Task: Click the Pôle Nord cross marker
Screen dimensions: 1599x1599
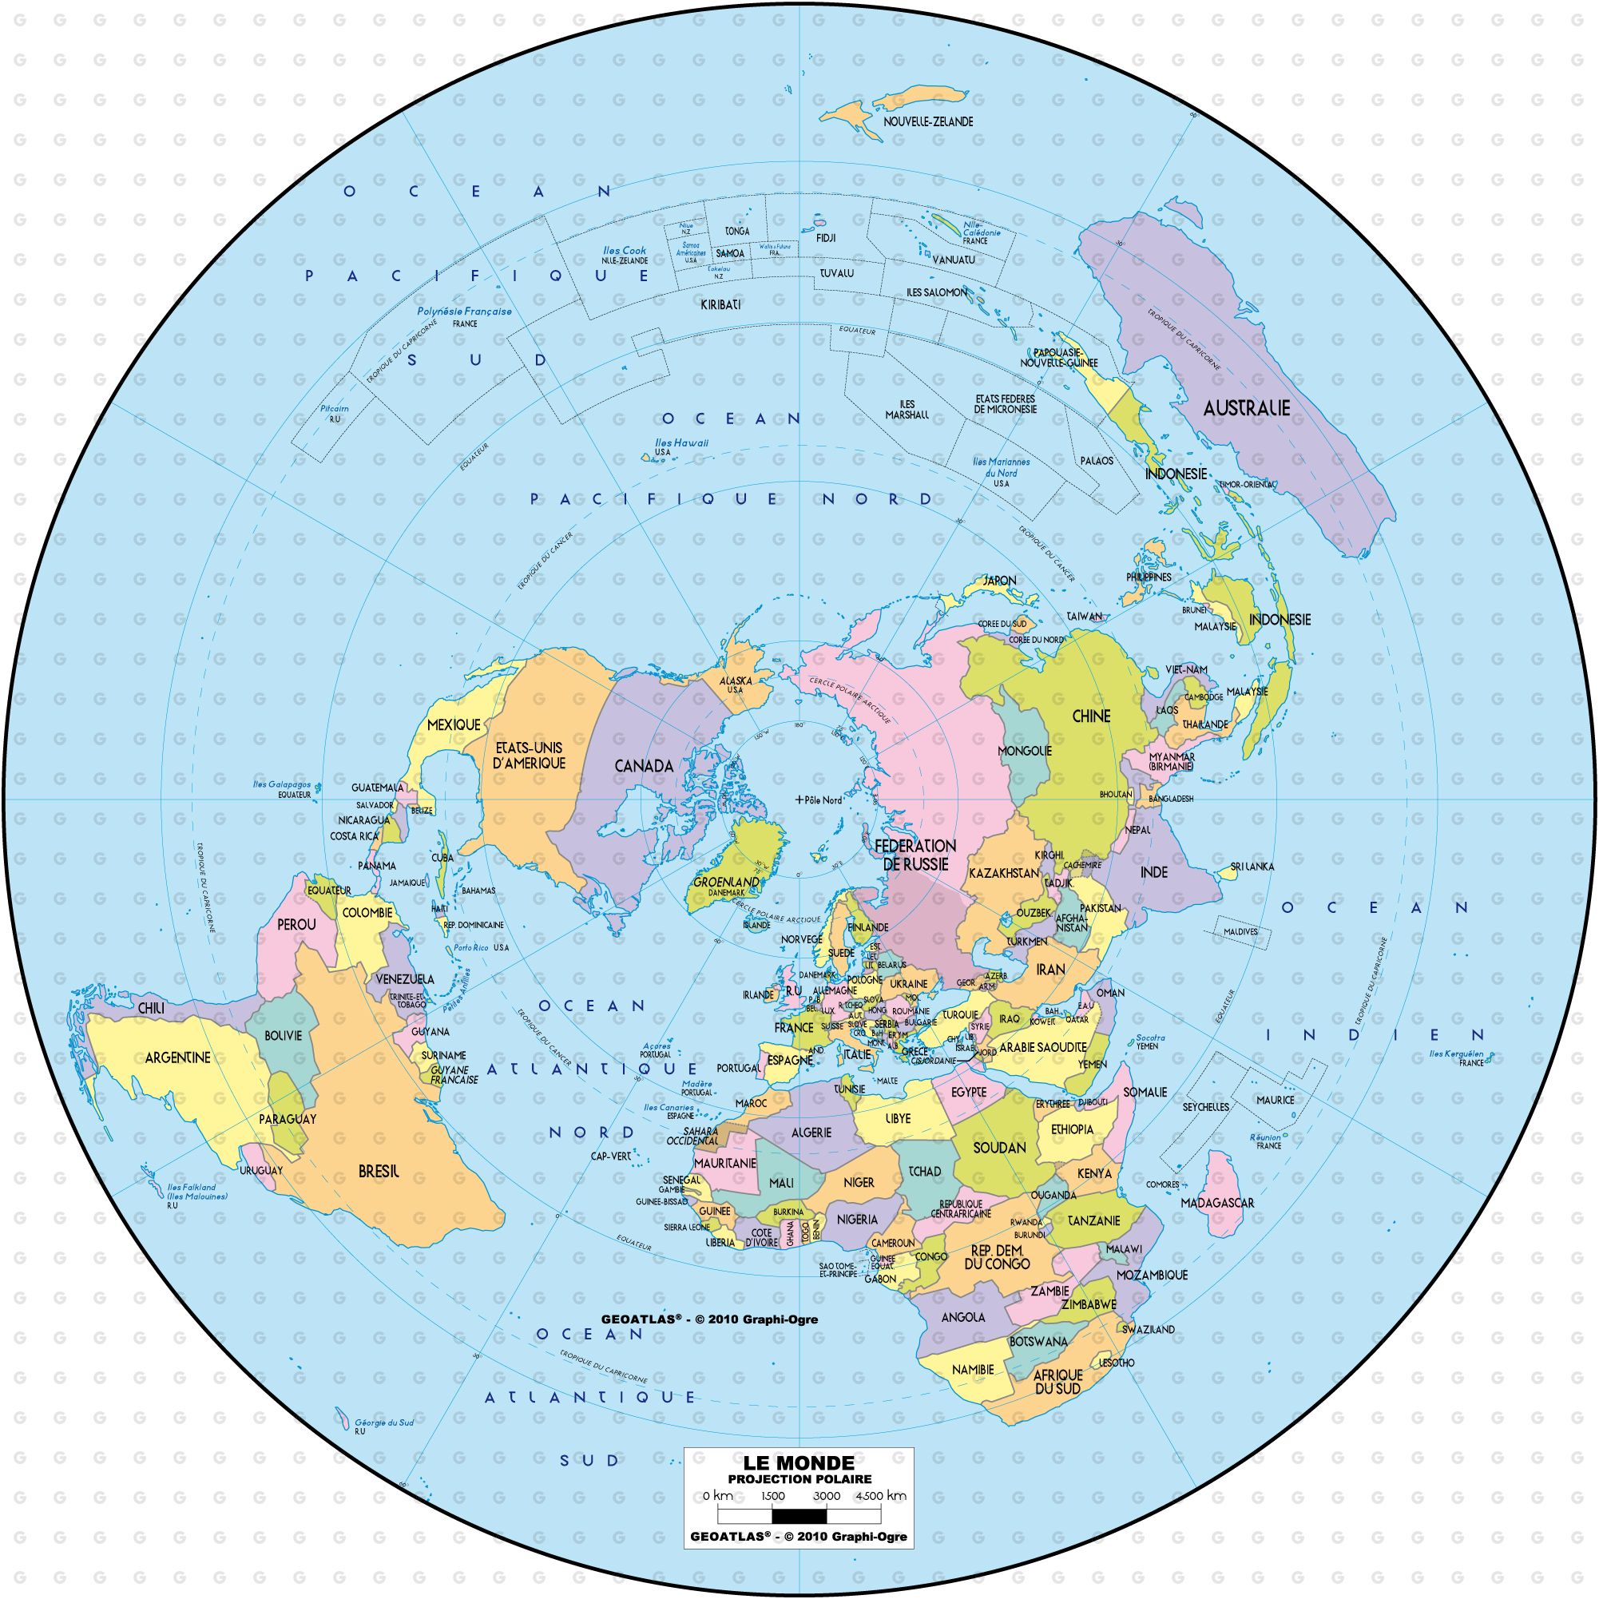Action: pos(799,800)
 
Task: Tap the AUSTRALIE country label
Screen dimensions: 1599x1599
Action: pos(1247,408)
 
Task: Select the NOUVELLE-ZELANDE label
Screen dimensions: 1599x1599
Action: pos(928,121)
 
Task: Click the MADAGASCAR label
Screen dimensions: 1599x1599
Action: pos(1217,1203)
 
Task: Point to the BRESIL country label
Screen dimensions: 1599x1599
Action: pos(379,1172)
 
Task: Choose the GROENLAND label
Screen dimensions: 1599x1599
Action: pos(727,883)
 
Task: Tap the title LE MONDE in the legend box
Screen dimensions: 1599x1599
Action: pos(799,1464)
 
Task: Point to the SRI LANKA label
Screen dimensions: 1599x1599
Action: pos(1252,867)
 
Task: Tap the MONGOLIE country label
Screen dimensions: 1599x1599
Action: pos(1025,751)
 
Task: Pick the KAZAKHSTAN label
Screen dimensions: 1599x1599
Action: pos(1004,873)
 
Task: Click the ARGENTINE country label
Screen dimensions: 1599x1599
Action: pos(178,1057)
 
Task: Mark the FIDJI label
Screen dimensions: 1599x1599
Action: pos(825,237)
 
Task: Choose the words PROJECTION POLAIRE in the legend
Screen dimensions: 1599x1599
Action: pos(799,1479)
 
